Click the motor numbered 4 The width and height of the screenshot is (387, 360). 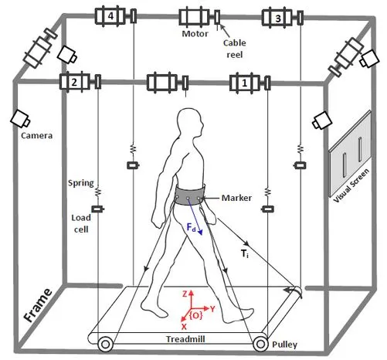pos(110,16)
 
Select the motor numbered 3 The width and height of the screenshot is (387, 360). pos(277,18)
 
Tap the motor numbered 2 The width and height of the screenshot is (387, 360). pos(74,82)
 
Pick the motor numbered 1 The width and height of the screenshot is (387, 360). pos(244,83)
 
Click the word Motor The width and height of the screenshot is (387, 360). pos(195,34)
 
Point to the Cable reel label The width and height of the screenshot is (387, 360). pos(234,49)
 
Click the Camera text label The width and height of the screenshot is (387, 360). pos(36,135)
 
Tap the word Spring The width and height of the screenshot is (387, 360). pos(81,183)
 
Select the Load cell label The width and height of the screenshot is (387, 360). pos(81,223)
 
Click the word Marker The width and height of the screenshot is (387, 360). pos(236,198)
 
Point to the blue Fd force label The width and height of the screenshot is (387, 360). pos(191,228)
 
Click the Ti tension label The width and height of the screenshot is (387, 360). pos(245,254)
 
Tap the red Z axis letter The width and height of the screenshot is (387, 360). pos(185,294)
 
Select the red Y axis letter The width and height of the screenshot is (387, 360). pos(212,309)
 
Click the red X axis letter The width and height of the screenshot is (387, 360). pos(184,327)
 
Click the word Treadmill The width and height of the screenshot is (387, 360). pos(185,339)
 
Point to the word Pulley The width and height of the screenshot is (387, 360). pos(284,345)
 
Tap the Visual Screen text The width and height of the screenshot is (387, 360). pos(351,185)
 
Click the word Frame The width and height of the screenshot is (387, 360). pos(38,305)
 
